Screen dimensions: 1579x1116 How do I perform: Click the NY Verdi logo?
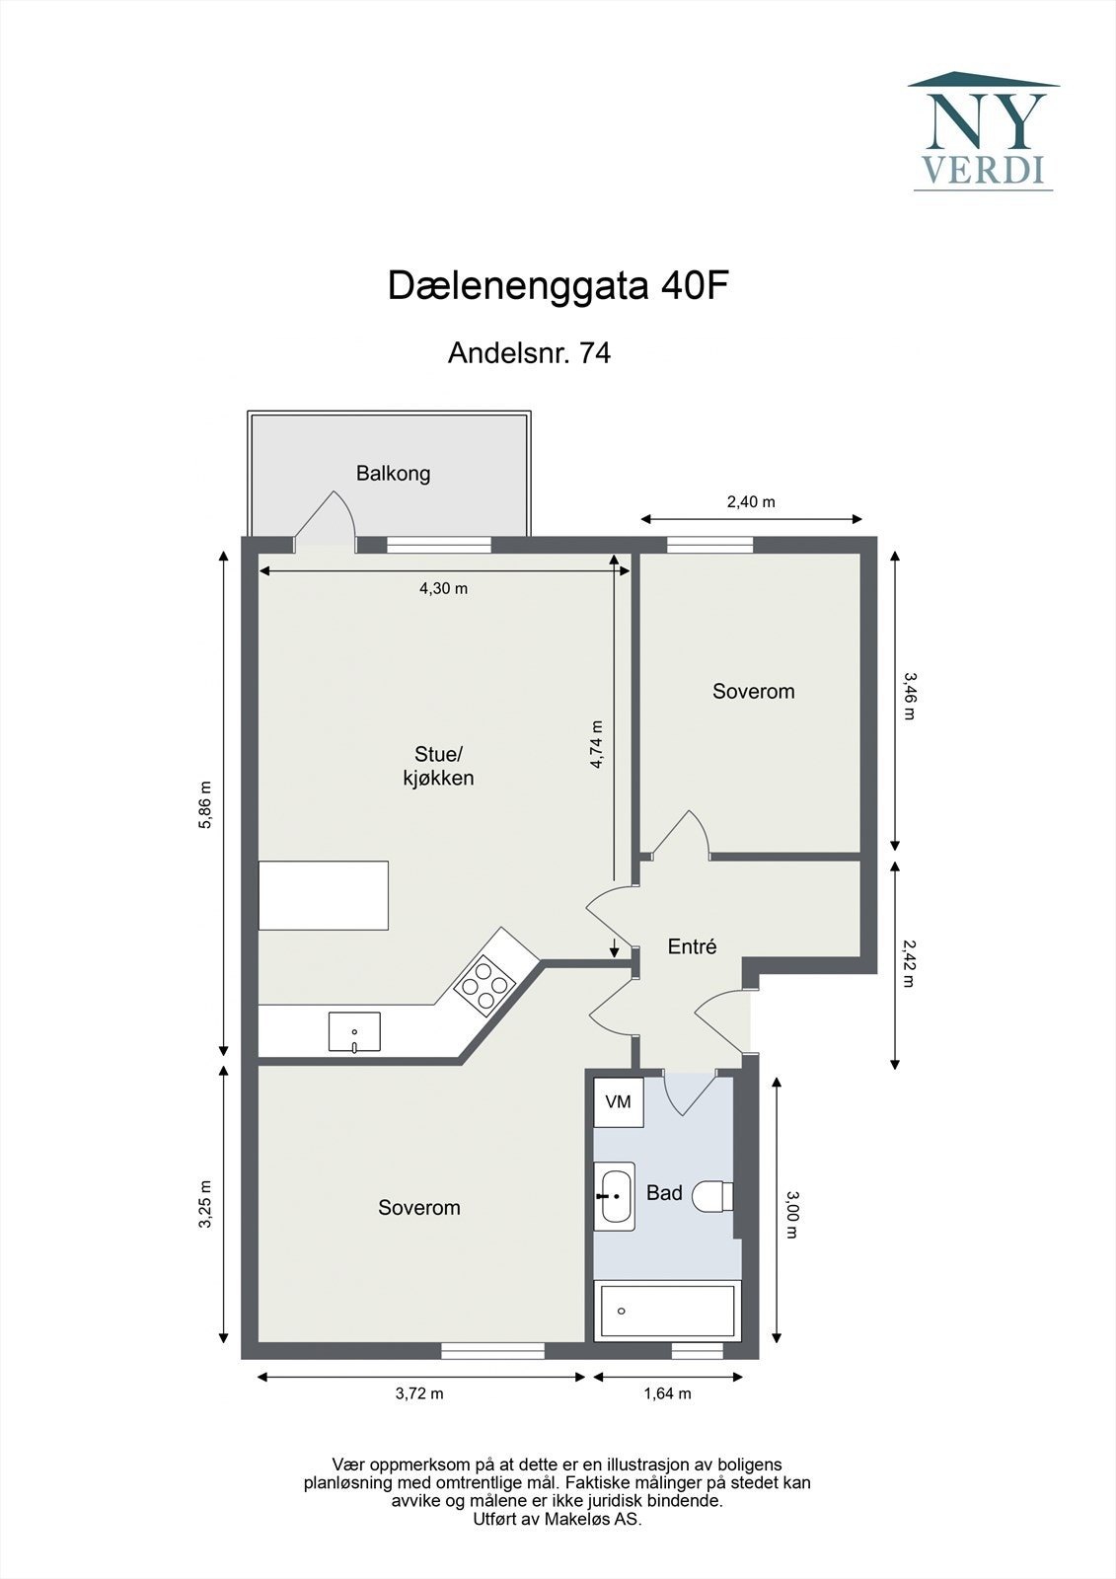[x=983, y=131]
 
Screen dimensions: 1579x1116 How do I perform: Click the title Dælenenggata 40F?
[x=558, y=286]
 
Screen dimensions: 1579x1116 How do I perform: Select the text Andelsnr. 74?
[x=529, y=352]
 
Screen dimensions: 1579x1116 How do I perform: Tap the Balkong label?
[x=393, y=474]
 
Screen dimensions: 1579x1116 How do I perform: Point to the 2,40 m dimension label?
[x=751, y=502]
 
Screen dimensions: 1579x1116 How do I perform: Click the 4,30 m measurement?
[x=443, y=589]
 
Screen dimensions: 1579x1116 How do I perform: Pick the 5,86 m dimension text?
[x=205, y=806]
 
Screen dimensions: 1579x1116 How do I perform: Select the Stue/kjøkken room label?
[x=437, y=766]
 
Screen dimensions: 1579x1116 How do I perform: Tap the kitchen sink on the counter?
[x=354, y=1031]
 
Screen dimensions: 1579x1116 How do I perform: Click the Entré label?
[x=692, y=947]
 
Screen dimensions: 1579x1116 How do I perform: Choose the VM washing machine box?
[x=618, y=1102]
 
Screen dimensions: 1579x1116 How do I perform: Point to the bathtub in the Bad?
[x=667, y=1311]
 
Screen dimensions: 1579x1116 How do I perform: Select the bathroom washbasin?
[x=614, y=1195]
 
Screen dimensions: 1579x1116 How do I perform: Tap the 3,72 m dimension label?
[x=419, y=1393]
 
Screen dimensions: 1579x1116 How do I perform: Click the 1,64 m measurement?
[x=667, y=1393]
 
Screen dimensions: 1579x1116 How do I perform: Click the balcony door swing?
[x=327, y=518]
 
